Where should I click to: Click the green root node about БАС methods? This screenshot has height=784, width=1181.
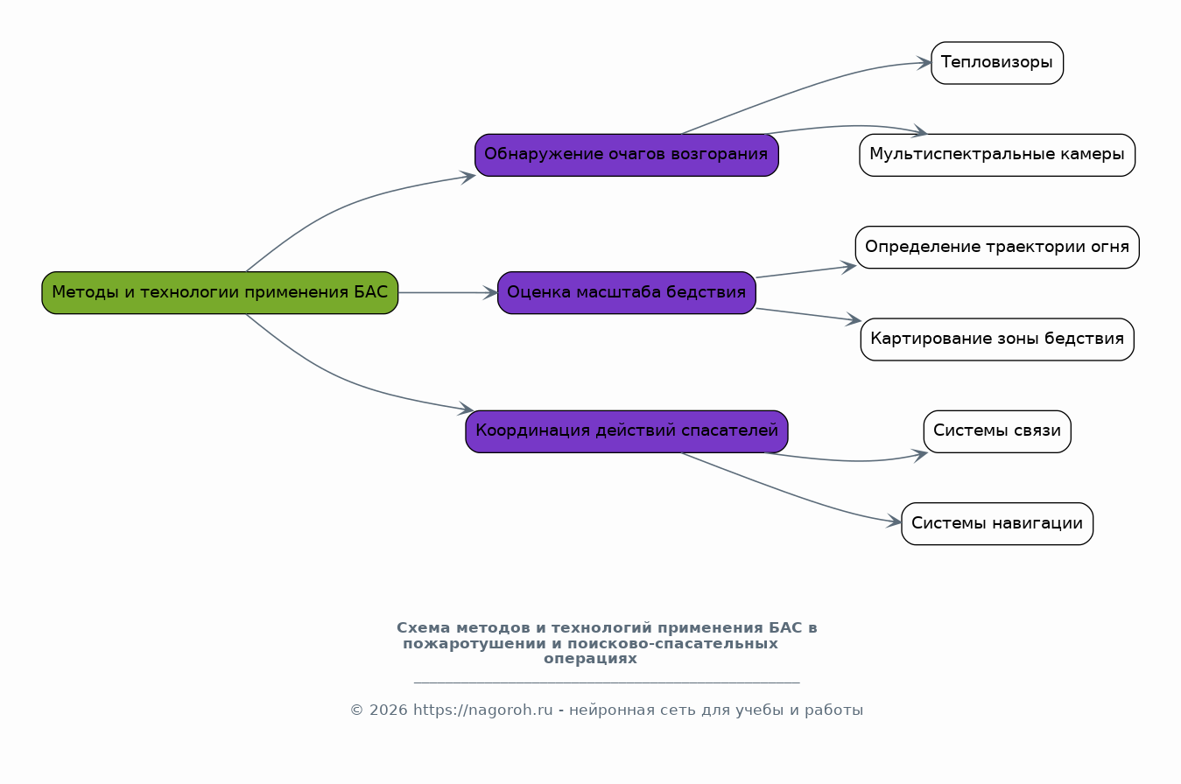[220, 292]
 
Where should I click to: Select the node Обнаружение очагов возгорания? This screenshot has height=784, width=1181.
[626, 155]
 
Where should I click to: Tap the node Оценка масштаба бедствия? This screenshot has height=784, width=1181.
[626, 292]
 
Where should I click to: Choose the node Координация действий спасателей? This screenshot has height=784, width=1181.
[626, 431]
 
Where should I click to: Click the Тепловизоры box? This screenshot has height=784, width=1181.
[996, 63]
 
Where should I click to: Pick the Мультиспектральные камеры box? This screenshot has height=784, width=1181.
[996, 155]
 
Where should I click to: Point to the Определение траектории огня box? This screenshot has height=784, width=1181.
[996, 247]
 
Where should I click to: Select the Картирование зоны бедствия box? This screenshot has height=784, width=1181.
[996, 339]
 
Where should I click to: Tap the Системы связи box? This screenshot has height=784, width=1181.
[996, 431]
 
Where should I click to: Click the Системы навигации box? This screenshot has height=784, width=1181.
[996, 523]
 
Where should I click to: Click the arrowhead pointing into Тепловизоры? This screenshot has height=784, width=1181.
[924, 63]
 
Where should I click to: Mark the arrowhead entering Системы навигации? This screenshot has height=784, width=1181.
[895, 522]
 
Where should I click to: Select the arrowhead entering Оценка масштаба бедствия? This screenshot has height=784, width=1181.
[490, 292]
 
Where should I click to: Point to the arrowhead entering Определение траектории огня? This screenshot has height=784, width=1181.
[848, 266]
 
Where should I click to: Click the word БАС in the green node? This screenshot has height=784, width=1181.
[370, 292]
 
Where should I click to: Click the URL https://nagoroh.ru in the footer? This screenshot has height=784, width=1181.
[482, 710]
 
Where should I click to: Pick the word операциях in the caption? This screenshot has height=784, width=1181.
[590, 659]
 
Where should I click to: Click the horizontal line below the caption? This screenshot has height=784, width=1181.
[606, 682]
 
